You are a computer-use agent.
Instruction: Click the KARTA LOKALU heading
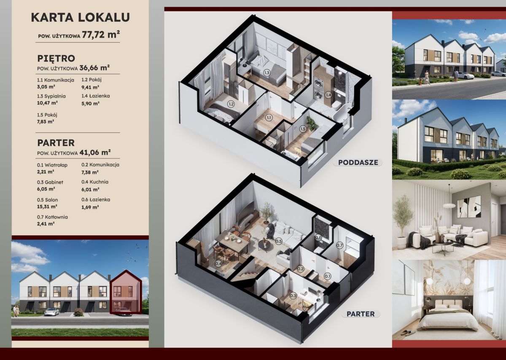click(x=80, y=17)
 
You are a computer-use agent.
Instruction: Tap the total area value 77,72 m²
click(x=101, y=35)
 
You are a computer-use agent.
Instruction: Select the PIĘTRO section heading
click(x=56, y=59)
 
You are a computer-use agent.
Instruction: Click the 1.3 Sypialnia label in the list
click(x=51, y=96)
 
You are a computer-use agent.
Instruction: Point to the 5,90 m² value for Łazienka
click(x=90, y=103)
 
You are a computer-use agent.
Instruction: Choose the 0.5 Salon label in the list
click(x=47, y=200)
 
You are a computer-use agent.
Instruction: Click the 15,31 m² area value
click(x=47, y=207)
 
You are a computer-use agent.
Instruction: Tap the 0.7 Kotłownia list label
click(x=52, y=217)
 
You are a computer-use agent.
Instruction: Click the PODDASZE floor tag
click(x=358, y=162)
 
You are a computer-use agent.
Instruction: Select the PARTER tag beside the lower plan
click(x=361, y=314)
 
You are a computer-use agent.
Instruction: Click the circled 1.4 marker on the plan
click(x=328, y=95)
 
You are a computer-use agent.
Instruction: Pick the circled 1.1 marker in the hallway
click(x=269, y=118)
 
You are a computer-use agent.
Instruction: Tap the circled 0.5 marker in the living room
click(x=279, y=241)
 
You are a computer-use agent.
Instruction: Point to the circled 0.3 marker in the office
click(x=293, y=296)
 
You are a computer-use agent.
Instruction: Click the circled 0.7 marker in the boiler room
click(x=339, y=245)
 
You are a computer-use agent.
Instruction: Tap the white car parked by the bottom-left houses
click(x=51, y=312)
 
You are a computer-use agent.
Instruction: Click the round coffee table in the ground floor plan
click(x=264, y=245)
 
